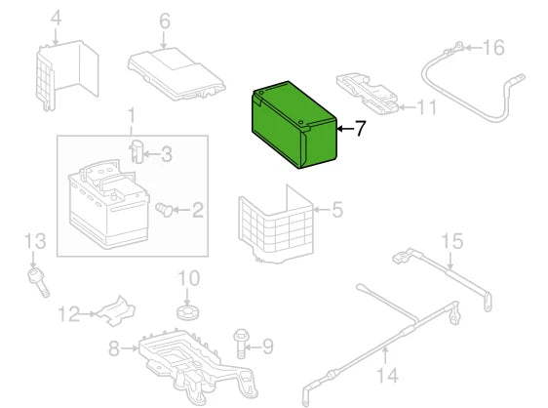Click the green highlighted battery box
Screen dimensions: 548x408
[294, 125]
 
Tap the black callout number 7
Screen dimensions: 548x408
[360, 129]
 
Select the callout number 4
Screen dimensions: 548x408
[56, 19]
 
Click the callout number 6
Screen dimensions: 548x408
[165, 21]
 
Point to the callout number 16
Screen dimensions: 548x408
[493, 47]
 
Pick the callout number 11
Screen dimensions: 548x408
[427, 107]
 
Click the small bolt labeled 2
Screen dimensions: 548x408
[164, 209]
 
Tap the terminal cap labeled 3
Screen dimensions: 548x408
[137, 151]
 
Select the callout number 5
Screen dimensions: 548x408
[337, 210]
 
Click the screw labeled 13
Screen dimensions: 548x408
[38, 283]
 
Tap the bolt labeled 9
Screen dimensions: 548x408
[241, 344]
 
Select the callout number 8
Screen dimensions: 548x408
[114, 348]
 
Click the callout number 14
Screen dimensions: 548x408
[387, 375]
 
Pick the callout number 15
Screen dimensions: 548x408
[452, 241]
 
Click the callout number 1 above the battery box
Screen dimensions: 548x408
[131, 116]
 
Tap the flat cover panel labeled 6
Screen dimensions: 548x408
[176, 74]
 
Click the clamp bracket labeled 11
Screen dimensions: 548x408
[367, 94]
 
